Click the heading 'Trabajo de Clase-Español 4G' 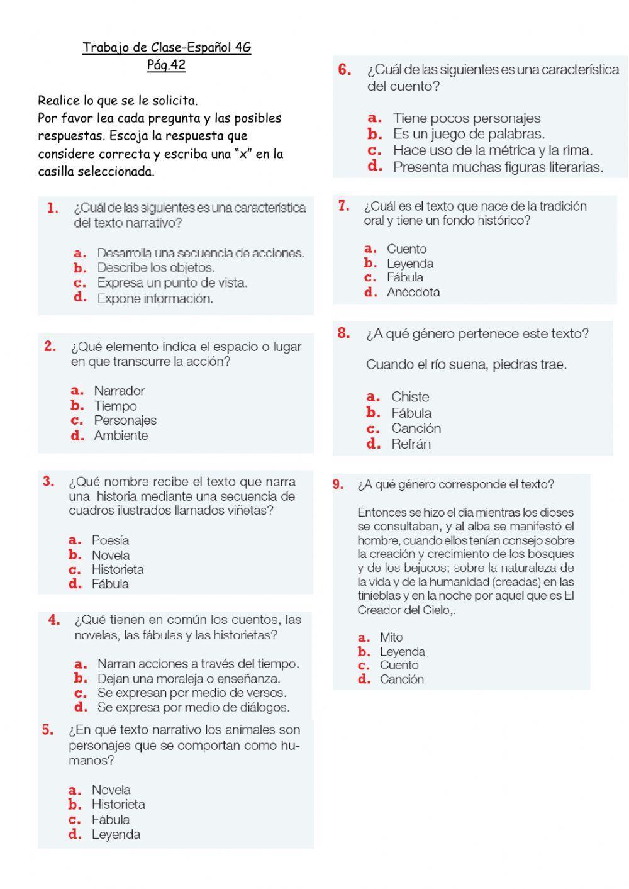(x=167, y=48)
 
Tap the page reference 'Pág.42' (x=166, y=65)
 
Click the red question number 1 (x=53, y=208)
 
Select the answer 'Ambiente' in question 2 (x=121, y=435)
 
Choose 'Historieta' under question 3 (x=118, y=569)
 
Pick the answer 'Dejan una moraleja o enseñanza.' (x=189, y=679)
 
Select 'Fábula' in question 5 (x=111, y=820)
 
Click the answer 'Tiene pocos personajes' (x=466, y=118)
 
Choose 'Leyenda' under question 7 (x=409, y=264)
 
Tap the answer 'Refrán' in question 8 (x=411, y=444)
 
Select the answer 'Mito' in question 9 (x=391, y=637)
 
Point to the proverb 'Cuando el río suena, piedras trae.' (x=466, y=364)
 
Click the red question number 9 (x=338, y=484)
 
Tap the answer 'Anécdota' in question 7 (x=413, y=292)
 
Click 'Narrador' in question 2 (x=120, y=391)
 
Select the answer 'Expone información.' (x=155, y=299)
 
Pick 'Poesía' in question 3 (x=110, y=540)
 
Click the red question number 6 (x=344, y=70)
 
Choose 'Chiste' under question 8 (x=410, y=397)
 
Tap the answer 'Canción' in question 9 (x=401, y=679)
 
